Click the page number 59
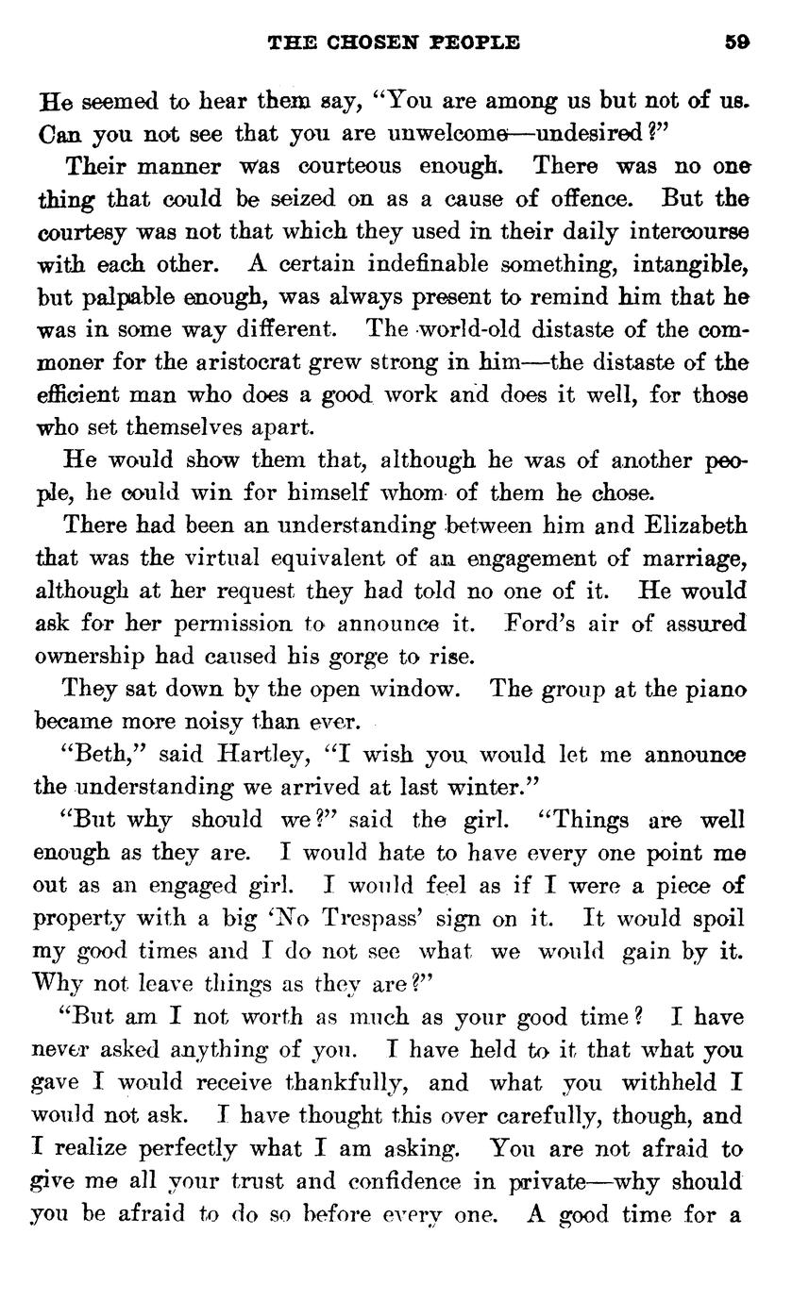coord(738,42)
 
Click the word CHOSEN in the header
coord(358,42)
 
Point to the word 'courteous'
coord(351,166)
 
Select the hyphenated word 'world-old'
coord(470,330)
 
